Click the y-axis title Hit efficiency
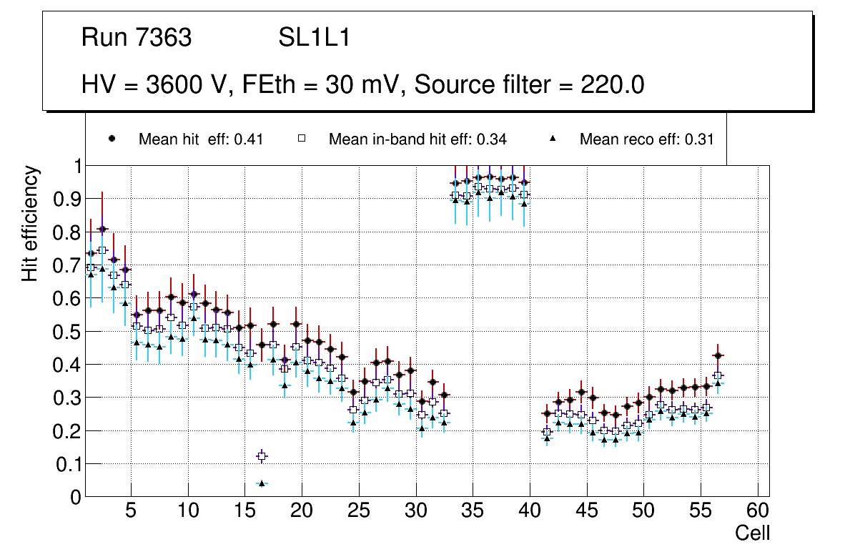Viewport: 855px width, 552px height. pos(30,223)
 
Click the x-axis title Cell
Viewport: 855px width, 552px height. pos(752,533)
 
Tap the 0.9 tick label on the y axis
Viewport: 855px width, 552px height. pos(70,199)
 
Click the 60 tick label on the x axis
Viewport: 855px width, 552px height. pos(758,512)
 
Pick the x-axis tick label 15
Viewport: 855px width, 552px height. pos(244,512)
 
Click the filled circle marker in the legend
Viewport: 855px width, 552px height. pos(112,139)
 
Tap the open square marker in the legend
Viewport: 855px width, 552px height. pos(301,139)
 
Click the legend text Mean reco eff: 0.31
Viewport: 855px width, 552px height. pos(646,139)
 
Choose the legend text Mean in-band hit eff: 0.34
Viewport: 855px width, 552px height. pos(417,139)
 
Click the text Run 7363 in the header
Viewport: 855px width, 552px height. pos(137,38)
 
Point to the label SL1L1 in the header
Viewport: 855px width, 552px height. pos(314,38)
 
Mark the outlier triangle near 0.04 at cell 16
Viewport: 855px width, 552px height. pos(262,483)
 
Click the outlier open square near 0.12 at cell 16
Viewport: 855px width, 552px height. pos(262,456)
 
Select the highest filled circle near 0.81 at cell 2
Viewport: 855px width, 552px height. pos(102,229)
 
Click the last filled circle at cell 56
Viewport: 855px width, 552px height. pos(718,355)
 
